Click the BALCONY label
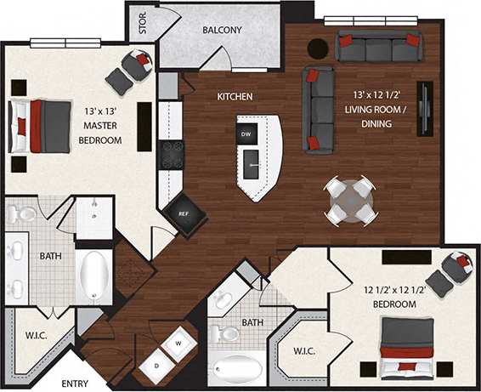(x=222, y=31)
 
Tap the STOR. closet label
(x=142, y=21)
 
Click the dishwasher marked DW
(x=246, y=134)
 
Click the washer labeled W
(x=179, y=344)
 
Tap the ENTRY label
(x=75, y=383)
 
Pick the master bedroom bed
(x=42, y=127)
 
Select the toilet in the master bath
(x=20, y=213)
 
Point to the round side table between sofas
(x=318, y=48)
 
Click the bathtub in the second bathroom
(x=237, y=370)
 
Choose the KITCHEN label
(x=235, y=97)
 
